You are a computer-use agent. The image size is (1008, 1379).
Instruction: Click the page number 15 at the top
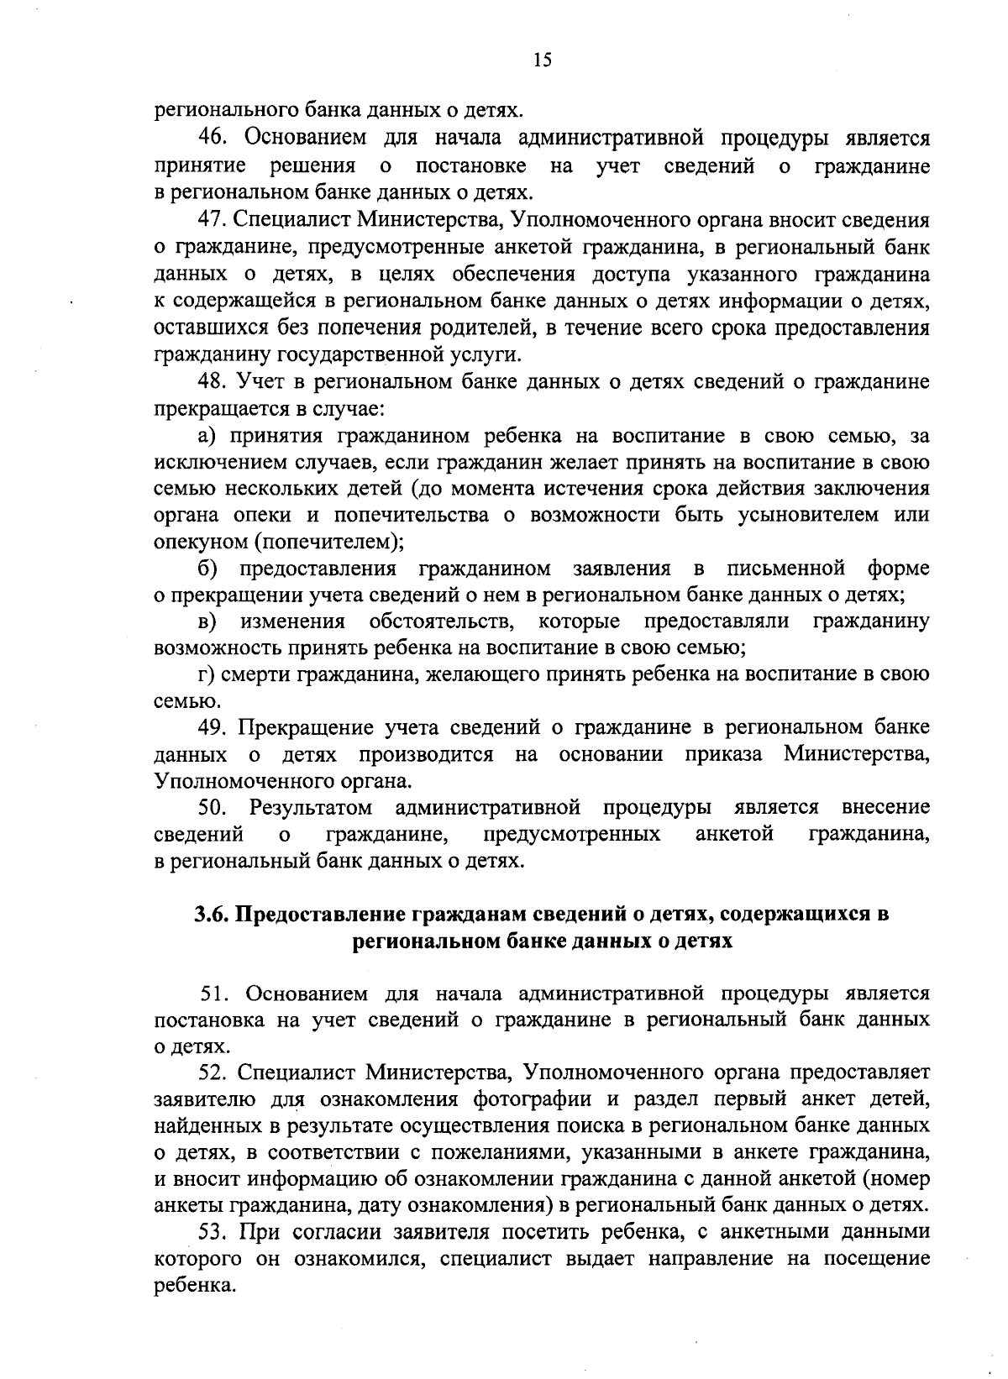tap(541, 60)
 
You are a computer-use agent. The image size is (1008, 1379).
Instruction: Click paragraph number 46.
tap(213, 139)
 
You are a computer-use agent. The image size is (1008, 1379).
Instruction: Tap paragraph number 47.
tap(213, 221)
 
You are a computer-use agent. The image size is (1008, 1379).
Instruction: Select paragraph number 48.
tap(213, 382)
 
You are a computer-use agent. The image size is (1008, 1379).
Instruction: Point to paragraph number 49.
tap(213, 726)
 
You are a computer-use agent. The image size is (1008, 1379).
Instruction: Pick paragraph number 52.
tap(213, 1073)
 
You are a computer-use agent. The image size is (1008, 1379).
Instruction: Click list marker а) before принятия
tap(207, 437)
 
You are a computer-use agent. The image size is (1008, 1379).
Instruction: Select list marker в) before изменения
tap(207, 622)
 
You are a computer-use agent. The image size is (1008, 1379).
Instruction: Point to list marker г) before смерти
tap(205, 675)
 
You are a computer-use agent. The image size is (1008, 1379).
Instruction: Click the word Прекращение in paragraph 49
tap(305, 726)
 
